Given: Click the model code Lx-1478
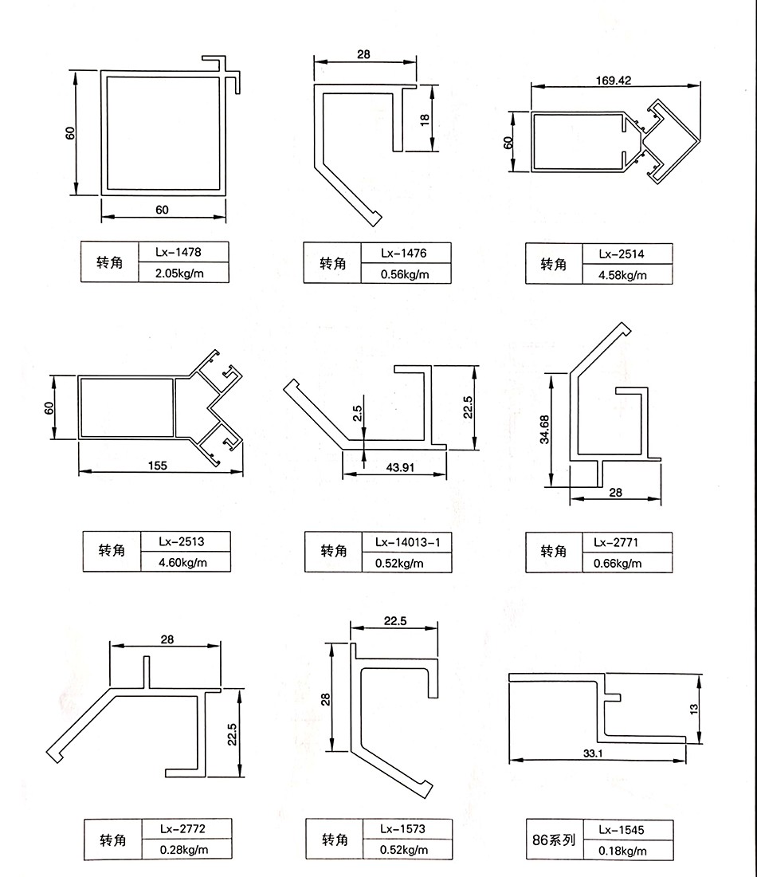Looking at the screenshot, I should (179, 252).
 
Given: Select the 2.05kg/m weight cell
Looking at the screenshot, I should (179, 274).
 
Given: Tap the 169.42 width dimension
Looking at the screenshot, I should (613, 80).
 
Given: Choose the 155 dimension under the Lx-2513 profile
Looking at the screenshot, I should (158, 466).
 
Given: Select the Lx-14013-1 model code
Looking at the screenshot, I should (407, 542).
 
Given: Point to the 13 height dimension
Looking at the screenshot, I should (694, 707).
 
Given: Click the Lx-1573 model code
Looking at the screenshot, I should (403, 828).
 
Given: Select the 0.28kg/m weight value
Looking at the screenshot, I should (184, 850).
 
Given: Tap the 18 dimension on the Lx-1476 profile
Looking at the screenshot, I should (425, 118).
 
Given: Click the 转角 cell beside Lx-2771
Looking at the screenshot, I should (553, 552).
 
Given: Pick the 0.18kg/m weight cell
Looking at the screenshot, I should (622, 851).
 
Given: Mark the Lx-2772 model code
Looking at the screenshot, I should (184, 828).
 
